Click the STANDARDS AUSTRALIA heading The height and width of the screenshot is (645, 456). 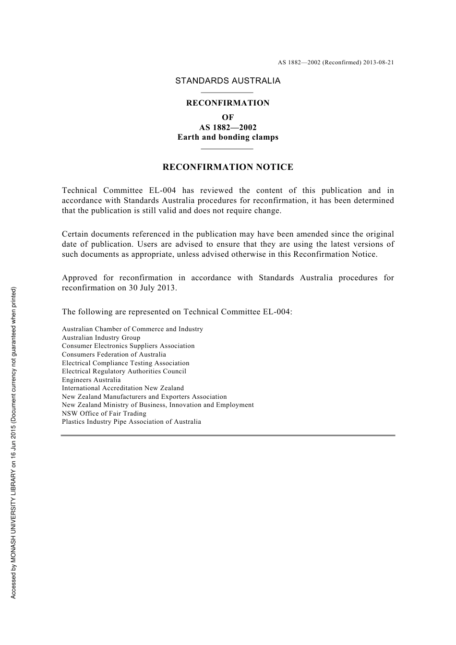pyautogui.click(x=228, y=81)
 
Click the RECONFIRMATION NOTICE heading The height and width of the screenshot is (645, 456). pyautogui.click(x=228, y=167)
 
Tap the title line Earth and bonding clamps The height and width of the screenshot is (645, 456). pyautogui.click(x=228, y=137)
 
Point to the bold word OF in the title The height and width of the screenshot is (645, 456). pyautogui.click(x=228, y=117)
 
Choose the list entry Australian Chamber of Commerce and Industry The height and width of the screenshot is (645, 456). pyautogui.click(x=132, y=329)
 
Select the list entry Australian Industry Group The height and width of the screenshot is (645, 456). pyautogui.click(x=101, y=338)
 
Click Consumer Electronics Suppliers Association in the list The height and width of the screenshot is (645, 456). pyautogui.click(x=128, y=346)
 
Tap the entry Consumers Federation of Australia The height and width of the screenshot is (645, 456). pyautogui.click(x=114, y=355)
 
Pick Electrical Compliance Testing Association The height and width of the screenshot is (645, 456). pyautogui.click(x=126, y=363)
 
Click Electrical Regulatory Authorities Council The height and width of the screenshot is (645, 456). pyautogui.click(x=124, y=371)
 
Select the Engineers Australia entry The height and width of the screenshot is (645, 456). pyautogui.click(x=91, y=380)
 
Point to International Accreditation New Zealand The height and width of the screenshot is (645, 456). pyautogui.click(x=123, y=388)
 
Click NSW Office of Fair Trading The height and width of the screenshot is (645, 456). pyautogui.click(x=104, y=414)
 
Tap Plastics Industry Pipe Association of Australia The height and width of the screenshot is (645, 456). pyautogui.click(x=132, y=422)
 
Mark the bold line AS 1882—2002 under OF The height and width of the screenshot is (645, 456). pyautogui.click(x=228, y=127)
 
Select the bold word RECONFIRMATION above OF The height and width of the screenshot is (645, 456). pyautogui.click(x=228, y=103)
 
